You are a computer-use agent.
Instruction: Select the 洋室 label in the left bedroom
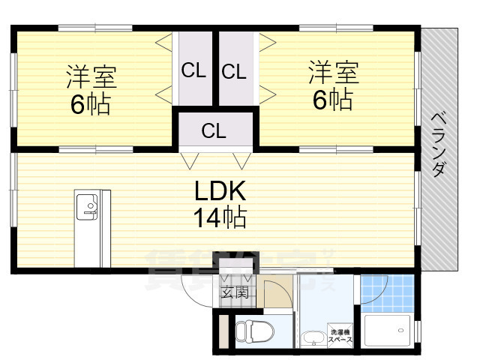91,77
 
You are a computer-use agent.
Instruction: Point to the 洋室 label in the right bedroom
333,73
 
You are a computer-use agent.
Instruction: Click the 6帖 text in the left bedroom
91,104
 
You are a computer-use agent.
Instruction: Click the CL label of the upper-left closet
193,72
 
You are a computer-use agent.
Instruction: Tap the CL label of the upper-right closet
234,72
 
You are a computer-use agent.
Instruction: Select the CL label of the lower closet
214,130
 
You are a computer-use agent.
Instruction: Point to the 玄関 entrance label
235,292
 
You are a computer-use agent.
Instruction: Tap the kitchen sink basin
86,205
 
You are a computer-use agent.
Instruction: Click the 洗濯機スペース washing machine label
340,336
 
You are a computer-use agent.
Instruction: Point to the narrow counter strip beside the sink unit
106,228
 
